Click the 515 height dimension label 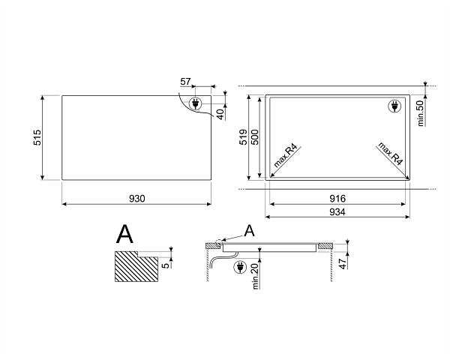[x=37, y=137]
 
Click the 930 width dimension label [x=137, y=199]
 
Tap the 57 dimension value [x=185, y=82]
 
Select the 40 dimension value [x=220, y=114]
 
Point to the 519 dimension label [x=243, y=137]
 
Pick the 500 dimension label [x=254, y=137]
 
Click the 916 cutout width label [x=337, y=198]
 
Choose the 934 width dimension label [x=337, y=211]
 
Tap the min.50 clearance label [x=420, y=113]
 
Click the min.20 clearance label [x=256, y=277]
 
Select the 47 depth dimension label [x=342, y=263]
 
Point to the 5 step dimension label [x=166, y=265]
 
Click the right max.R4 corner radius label [x=391, y=153]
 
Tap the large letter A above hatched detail [x=124, y=234]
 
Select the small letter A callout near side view [x=250, y=231]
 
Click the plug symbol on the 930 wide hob [x=196, y=103]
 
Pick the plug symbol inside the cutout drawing [x=394, y=106]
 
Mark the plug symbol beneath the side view [x=241, y=267]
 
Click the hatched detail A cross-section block [x=136, y=266]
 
